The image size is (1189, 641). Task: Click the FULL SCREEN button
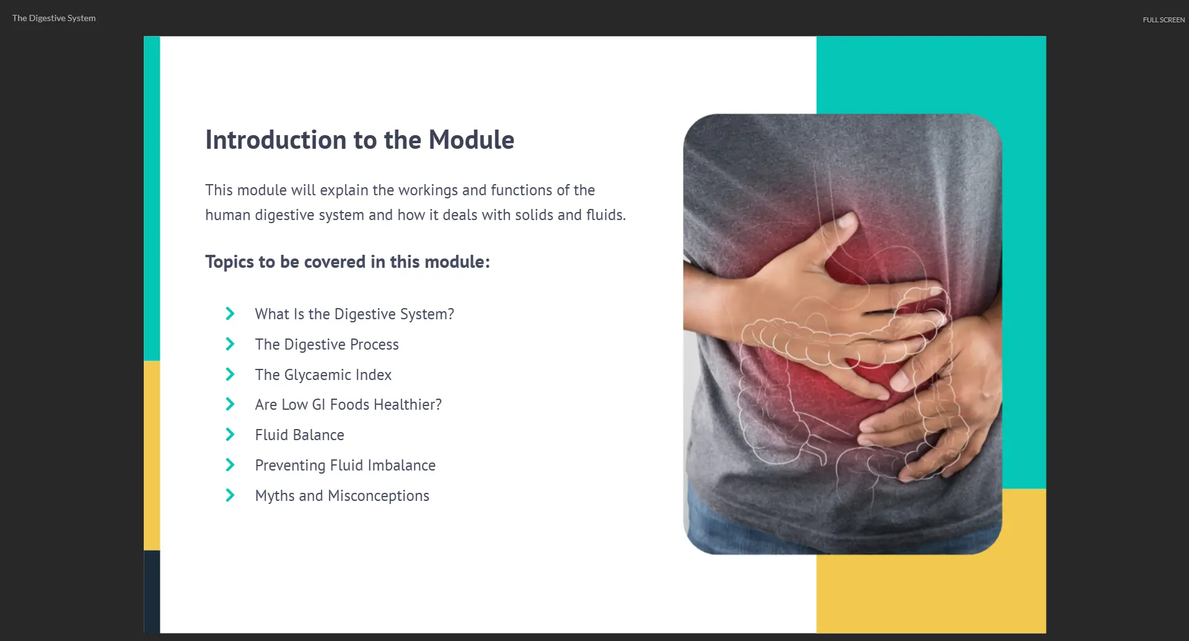pos(1164,20)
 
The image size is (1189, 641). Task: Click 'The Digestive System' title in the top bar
pos(54,18)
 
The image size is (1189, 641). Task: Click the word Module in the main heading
pos(472,139)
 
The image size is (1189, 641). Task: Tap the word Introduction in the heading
pos(276,139)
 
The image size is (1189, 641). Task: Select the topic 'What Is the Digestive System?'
pos(354,314)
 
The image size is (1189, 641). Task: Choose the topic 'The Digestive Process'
pos(327,345)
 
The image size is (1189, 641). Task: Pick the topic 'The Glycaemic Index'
pos(323,375)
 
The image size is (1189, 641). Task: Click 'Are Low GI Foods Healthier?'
pos(348,405)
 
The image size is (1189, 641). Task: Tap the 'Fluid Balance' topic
pos(300,435)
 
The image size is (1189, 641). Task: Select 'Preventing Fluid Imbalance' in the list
pos(345,466)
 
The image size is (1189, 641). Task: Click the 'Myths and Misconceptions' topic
pos(342,496)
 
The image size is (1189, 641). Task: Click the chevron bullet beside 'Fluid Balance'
pos(230,435)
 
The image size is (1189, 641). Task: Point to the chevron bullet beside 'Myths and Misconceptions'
pos(230,495)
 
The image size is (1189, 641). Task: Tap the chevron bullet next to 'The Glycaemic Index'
pos(230,374)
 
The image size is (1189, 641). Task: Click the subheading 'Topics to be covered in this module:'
pos(348,262)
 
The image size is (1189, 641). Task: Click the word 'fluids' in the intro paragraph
pos(605,215)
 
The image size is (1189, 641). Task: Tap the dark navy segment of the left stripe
pos(152,591)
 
